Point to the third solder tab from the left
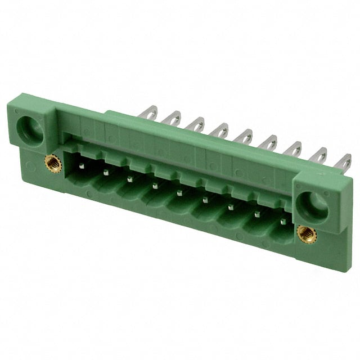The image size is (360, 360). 196,124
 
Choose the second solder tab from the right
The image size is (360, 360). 318,156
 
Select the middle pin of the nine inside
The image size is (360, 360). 179,193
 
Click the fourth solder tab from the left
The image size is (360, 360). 220,130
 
